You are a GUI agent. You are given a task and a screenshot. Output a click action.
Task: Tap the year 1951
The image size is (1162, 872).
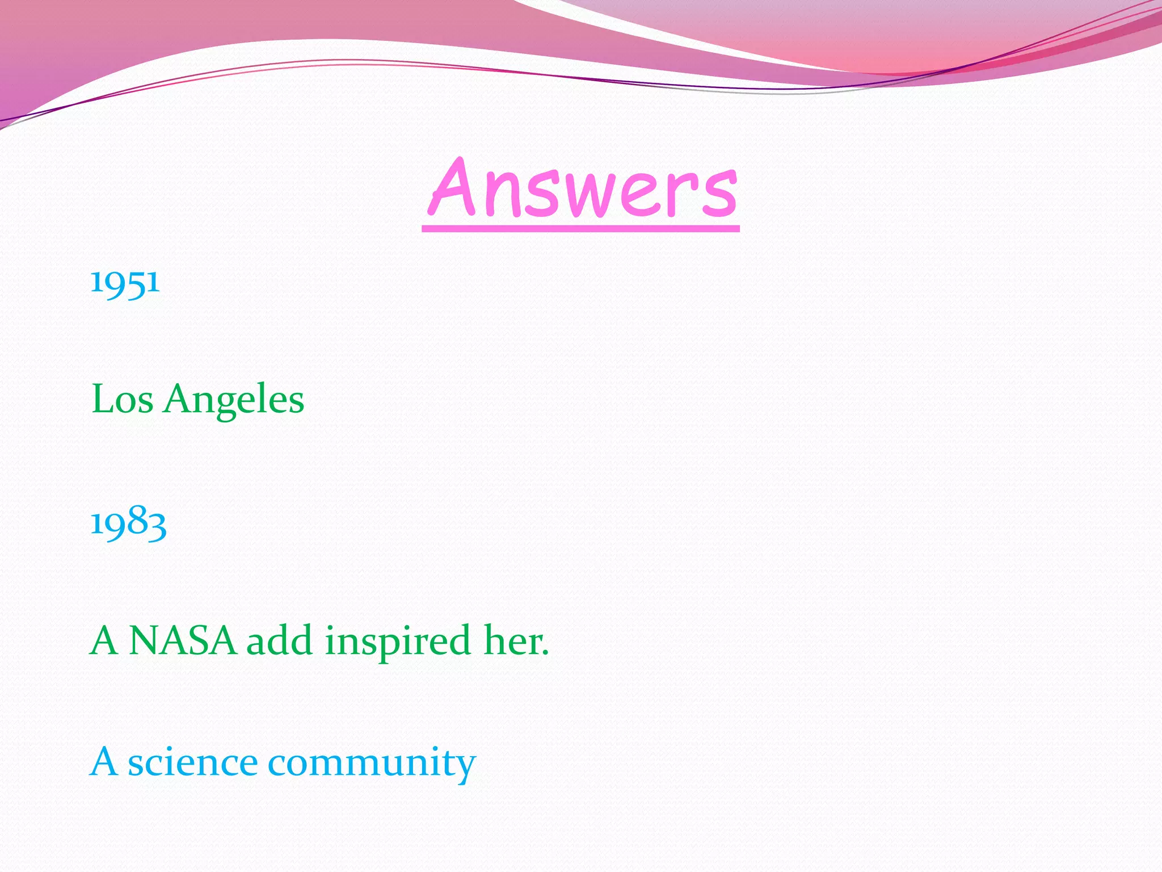tap(125, 282)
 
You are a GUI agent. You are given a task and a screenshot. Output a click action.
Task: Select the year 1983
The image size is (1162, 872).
tap(128, 522)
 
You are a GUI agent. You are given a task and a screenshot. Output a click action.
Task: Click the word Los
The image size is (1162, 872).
tap(122, 399)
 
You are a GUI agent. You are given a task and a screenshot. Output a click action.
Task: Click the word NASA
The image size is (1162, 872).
tap(183, 641)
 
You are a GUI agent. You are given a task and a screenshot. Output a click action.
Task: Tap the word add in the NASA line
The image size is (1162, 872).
tap(279, 641)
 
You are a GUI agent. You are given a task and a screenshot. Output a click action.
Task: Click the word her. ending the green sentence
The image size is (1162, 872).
tap(516, 641)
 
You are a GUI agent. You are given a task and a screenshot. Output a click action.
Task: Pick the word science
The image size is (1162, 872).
tap(193, 762)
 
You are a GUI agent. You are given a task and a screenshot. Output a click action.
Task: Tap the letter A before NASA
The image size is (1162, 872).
tap(104, 641)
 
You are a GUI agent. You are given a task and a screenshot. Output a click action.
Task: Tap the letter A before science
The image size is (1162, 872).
tap(104, 762)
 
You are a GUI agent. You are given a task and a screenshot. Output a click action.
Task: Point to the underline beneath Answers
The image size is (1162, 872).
tap(581, 228)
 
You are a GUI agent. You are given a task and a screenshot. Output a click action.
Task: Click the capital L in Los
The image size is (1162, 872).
tap(103, 399)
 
